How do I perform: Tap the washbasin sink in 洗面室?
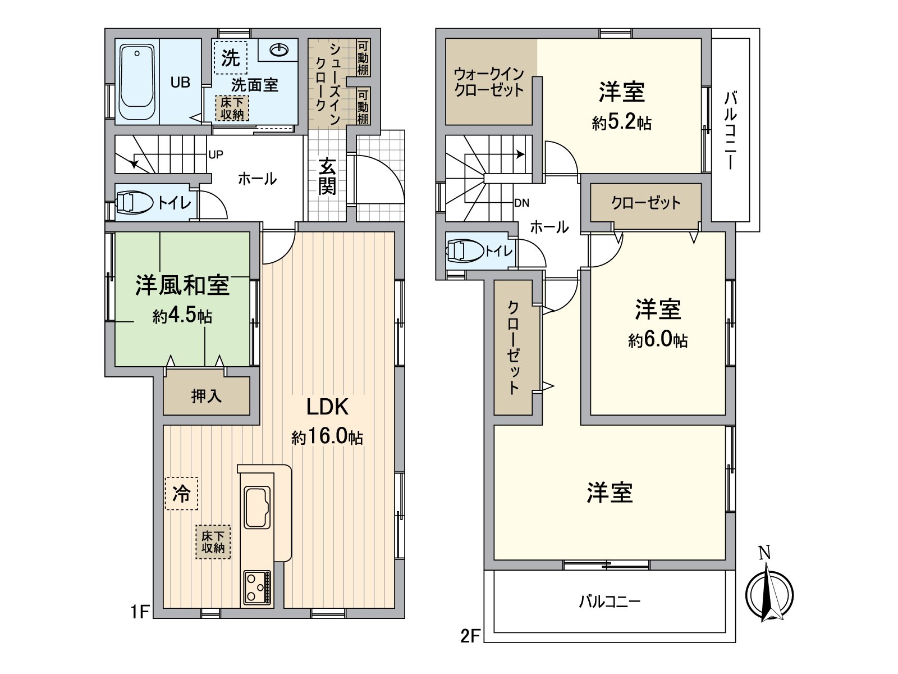(279, 51)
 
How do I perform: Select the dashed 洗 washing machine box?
(230, 58)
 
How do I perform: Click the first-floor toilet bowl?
(135, 203)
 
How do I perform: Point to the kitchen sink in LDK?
(258, 507)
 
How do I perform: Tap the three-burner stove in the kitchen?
(257, 588)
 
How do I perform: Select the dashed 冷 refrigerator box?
(182, 494)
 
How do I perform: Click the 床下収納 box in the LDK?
(213, 542)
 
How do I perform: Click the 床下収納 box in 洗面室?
(232, 108)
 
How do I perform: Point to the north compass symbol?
(769, 594)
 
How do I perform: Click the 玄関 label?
(327, 176)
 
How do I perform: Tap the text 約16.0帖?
(327, 436)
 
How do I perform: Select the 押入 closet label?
(206, 396)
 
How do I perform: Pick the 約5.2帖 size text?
(621, 122)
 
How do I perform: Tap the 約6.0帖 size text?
(657, 340)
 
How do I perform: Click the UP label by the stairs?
(216, 154)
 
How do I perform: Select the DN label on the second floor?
(521, 203)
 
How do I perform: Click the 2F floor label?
(470, 636)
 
